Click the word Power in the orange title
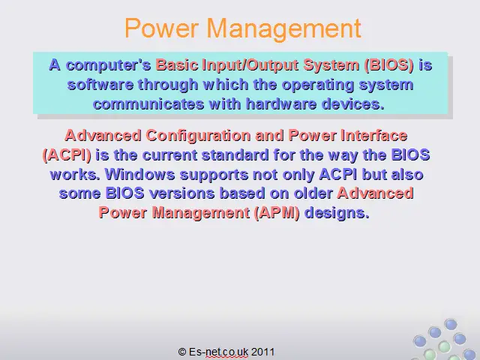click(x=161, y=28)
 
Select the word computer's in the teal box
click(x=109, y=66)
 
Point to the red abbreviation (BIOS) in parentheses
click(x=389, y=65)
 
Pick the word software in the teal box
click(x=100, y=85)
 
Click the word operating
click(x=318, y=85)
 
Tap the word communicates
click(x=148, y=104)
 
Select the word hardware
click(x=281, y=104)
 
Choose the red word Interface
click(x=374, y=135)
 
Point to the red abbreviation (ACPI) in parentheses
click(x=67, y=155)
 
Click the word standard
click(x=235, y=155)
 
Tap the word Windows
click(x=140, y=175)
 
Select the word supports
click(x=214, y=175)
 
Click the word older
click(x=313, y=193)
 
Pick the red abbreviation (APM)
click(x=277, y=213)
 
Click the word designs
click(x=337, y=213)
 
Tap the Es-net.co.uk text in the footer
click(x=218, y=352)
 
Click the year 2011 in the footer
click(x=263, y=352)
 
